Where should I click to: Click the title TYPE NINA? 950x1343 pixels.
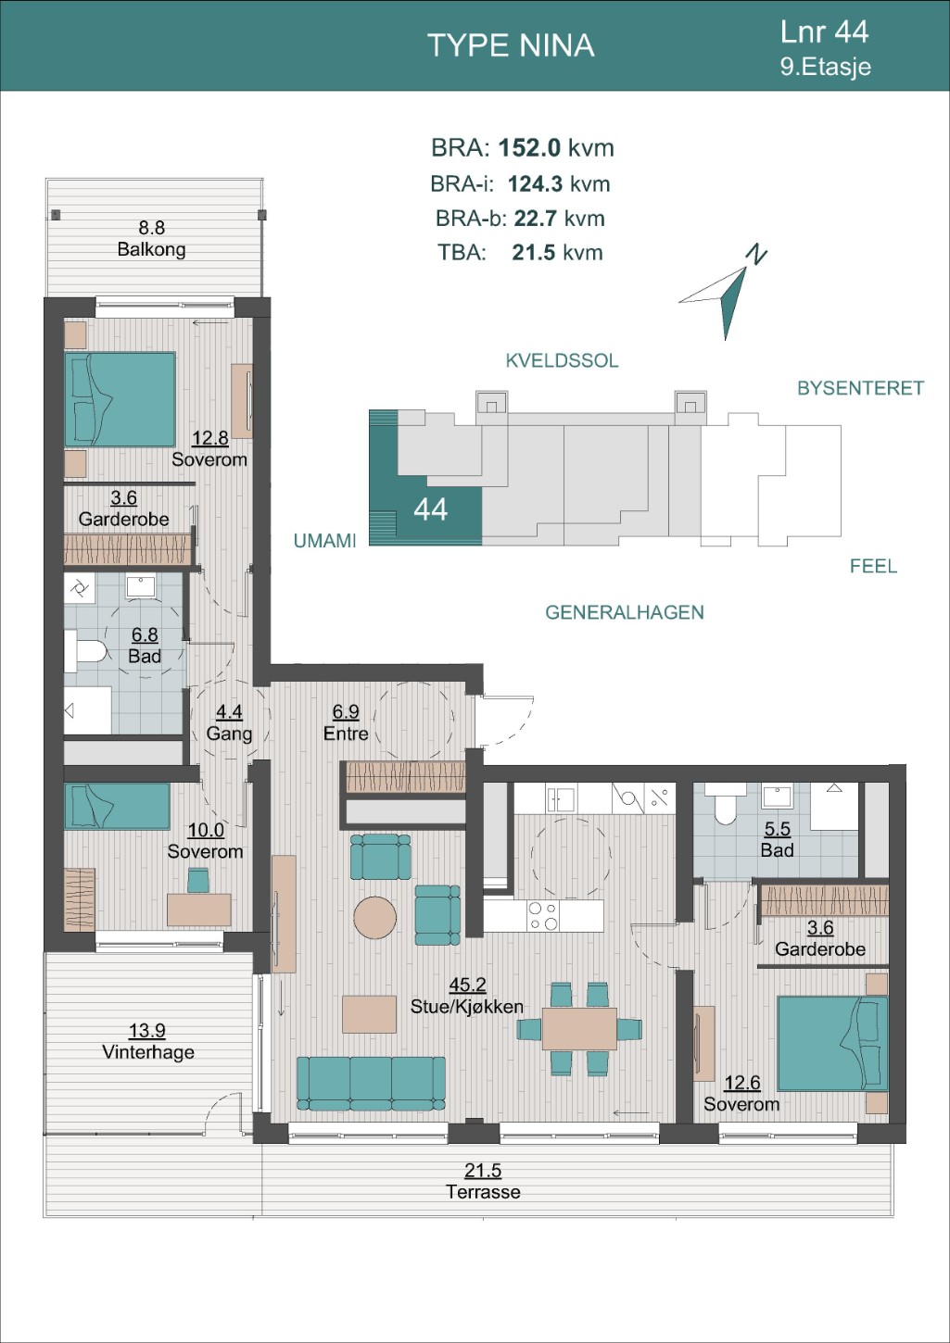[x=511, y=45]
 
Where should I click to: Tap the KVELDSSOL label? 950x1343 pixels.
[x=562, y=360]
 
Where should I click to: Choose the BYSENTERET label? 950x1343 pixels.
[x=860, y=388]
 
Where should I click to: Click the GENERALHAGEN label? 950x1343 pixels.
[x=624, y=612]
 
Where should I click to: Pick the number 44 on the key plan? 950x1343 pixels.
[x=430, y=509]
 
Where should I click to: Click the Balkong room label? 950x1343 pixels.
[x=151, y=249]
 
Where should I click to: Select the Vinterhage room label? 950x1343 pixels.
[x=147, y=1051]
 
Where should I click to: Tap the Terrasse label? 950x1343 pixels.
[x=483, y=1191]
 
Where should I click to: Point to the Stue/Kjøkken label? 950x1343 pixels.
[x=466, y=1006]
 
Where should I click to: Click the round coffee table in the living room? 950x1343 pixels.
[x=374, y=917]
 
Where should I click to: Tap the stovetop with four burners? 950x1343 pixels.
[x=542, y=915]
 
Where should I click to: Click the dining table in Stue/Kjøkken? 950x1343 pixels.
[x=579, y=1029]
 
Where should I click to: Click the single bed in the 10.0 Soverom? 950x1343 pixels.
[x=117, y=807]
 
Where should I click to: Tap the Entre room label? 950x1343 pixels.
[x=346, y=734]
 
